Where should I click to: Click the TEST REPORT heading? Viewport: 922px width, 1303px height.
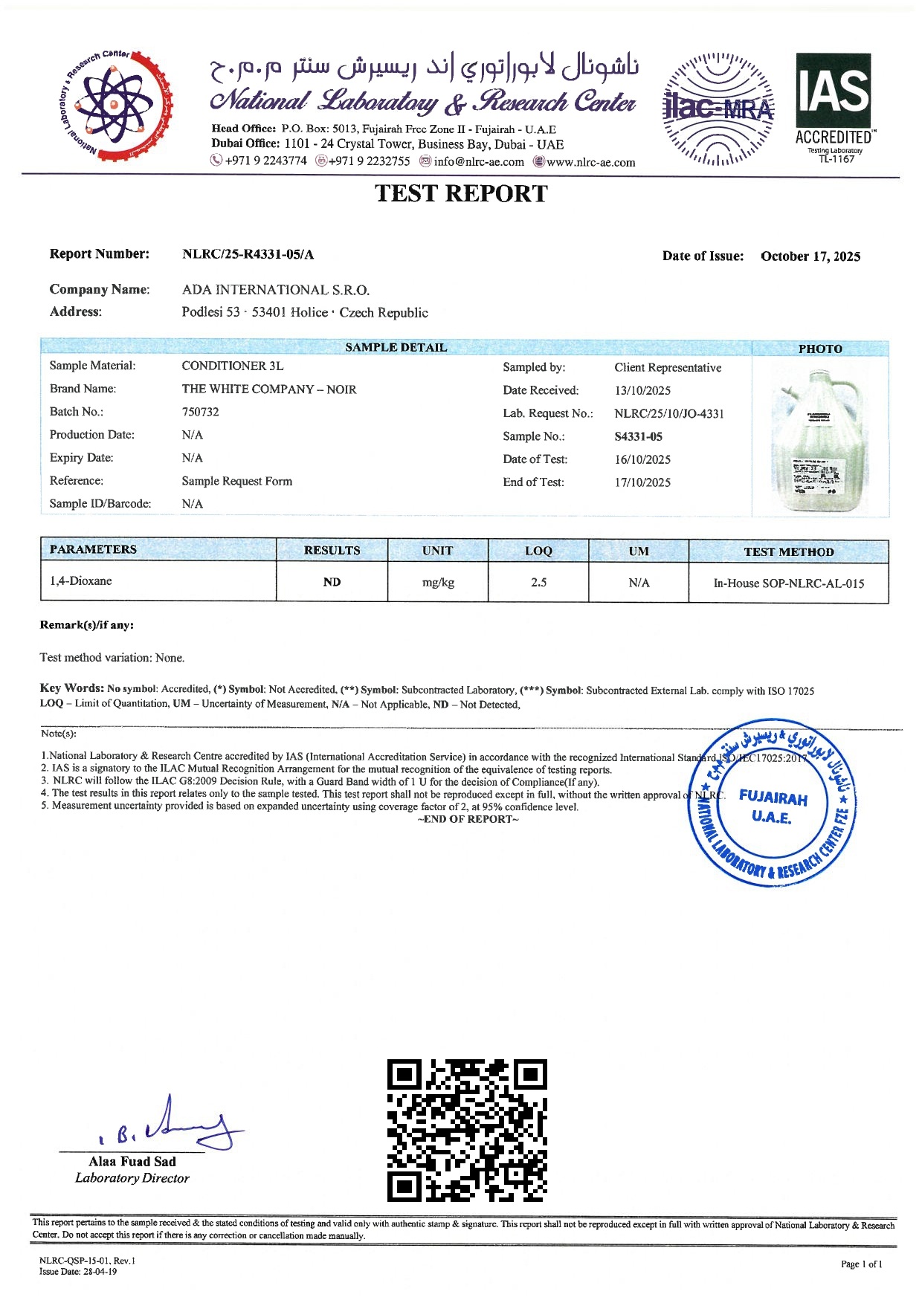(x=461, y=193)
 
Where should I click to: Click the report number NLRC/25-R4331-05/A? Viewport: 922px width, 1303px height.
(x=248, y=254)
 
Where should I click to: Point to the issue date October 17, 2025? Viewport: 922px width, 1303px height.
(x=810, y=256)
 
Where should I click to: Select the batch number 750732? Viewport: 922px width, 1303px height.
(x=200, y=412)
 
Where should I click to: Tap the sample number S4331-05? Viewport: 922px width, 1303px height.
(x=638, y=436)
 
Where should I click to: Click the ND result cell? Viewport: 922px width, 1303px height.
(x=332, y=582)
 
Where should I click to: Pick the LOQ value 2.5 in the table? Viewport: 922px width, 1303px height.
(x=538, y=582)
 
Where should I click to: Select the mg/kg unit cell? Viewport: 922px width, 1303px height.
(x=438, y=582)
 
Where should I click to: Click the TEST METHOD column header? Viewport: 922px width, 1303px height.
(x=788, y=552)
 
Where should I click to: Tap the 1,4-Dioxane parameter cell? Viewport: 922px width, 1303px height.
(x=81, y=581)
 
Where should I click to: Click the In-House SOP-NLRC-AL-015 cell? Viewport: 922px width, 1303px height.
(x=788, y=583)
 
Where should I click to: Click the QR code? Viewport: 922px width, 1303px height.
(x=467, y=1130)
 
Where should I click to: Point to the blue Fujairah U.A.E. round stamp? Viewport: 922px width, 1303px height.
(x=772, y=803)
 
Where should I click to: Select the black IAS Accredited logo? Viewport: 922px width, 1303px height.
(x=834, y=104)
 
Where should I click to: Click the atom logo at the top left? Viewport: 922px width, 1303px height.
(x=115, y=104)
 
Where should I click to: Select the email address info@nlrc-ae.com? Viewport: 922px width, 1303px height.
(x=478, y=161)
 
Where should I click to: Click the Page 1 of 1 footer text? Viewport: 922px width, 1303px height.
(x=861, y=1264)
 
